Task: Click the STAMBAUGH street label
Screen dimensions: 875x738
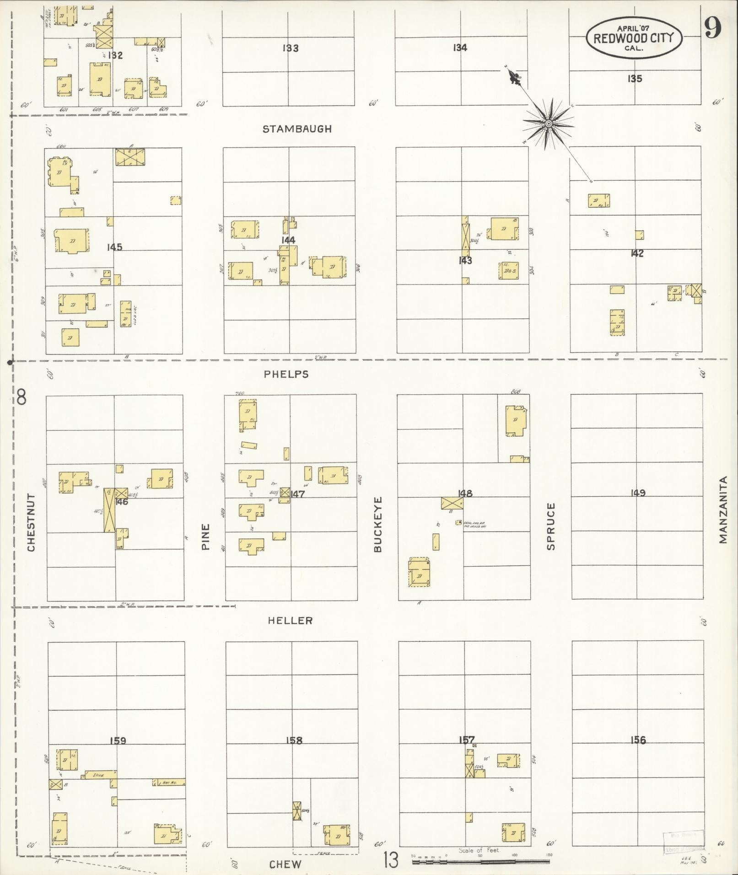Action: click(297, 129)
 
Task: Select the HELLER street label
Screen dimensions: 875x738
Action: click(290, 620)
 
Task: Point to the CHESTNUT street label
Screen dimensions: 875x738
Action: click(31, 522)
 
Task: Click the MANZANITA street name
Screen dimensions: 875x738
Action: click(723, 510)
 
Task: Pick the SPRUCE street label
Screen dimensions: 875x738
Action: click(551, 526)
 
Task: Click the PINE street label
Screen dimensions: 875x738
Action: click(205, 537)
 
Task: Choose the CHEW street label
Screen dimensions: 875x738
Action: click(285, 864)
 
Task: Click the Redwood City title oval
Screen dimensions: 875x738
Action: click(634, 38)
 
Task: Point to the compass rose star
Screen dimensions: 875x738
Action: click(548, 123)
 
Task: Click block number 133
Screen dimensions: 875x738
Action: click(291, 48)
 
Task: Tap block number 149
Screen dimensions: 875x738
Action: click(637, 493)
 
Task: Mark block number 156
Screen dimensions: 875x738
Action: click(637, 740)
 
